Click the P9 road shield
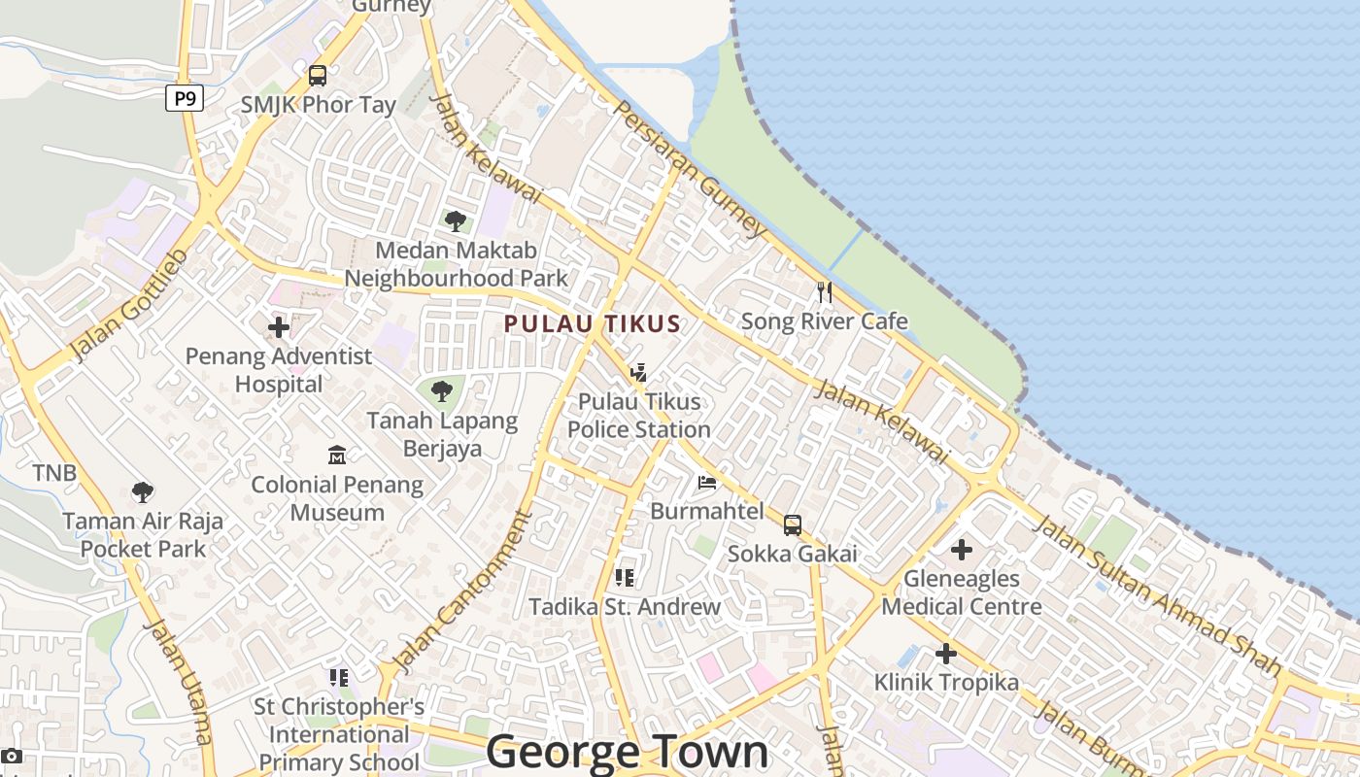tap(185, 98)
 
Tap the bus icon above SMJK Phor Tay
tap(318, 76)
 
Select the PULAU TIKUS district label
tap(592, 324)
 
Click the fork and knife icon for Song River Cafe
tap(825, 292)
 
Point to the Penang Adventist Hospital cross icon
tap(279, 327)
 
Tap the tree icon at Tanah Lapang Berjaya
tap(442, 392)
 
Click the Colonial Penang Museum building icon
tap(337, 455)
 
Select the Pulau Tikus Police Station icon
tap(638, 372)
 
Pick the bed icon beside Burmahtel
tap(707, 482)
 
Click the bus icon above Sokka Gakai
tap(793, 525)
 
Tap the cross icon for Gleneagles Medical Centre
tap(962, 550)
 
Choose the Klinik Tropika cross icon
tap(946, 654)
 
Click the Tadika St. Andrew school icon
tap(625, 578)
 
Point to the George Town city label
tap(627, 752)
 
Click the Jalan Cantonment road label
tap(466, 595)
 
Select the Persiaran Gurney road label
tap(690, 168)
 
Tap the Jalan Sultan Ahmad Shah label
tap(1156, 594)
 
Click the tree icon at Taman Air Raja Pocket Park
tap(143, 492)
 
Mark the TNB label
tap(54, 473)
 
